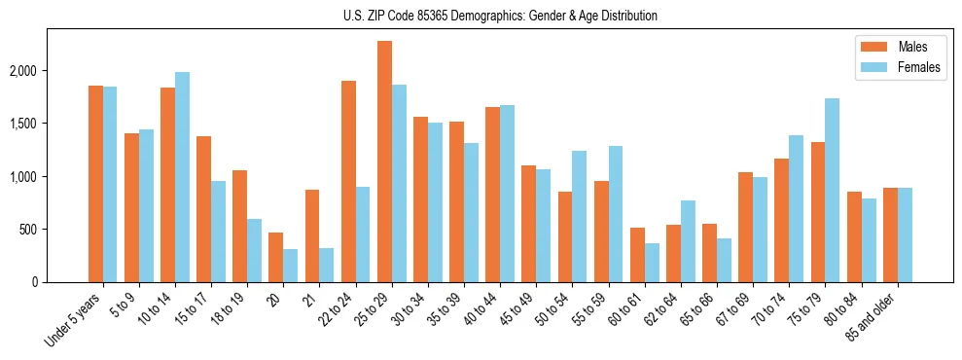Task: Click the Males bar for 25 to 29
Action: [x=385, y=162]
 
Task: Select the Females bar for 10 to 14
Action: [x=183, y=177]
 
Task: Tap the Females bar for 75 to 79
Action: [x=832, y=191]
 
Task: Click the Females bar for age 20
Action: [x=291, y=266]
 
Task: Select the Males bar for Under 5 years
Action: [x=95, y=184]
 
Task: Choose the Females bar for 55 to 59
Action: [x=615, y=214]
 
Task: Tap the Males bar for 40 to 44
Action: [x=493, y=195]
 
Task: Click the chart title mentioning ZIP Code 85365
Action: [x=500, y=16]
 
